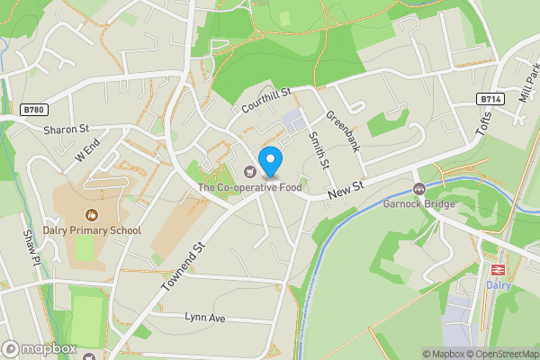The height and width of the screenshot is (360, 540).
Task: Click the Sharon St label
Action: (66, 130)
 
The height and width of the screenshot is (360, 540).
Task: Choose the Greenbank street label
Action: (343, 131)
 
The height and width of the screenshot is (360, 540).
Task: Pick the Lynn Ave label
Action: (203, 318)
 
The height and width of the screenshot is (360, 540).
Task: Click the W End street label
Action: (87, 151)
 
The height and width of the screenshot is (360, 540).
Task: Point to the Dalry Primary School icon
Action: (91, 215)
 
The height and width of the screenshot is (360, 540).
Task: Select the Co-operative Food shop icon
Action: (249, 171)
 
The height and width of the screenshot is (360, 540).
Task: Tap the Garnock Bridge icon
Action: (418, 188)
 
